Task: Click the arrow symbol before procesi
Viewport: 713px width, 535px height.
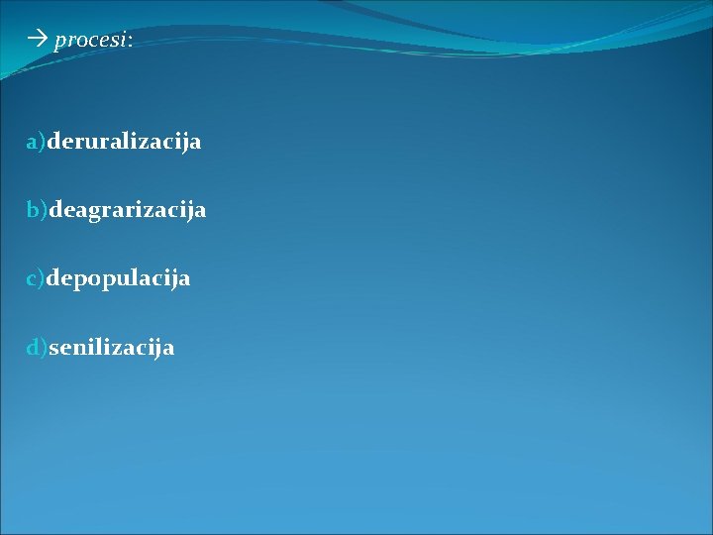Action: [x=38, y=41]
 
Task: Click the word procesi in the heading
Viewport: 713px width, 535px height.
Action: [x=90, y=42]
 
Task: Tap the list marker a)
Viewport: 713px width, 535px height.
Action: [x=37, y=142]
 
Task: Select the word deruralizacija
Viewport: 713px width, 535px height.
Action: [x=124, y=142]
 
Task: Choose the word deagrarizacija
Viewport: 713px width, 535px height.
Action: [x=128, y=210]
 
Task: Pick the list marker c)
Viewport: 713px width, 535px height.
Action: [x=36, y=279]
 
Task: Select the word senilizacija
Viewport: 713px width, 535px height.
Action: [x=111, y=348]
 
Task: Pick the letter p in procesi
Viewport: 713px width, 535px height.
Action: [x=60, y=43]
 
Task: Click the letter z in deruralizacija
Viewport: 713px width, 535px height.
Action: [x=146, y=143]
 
